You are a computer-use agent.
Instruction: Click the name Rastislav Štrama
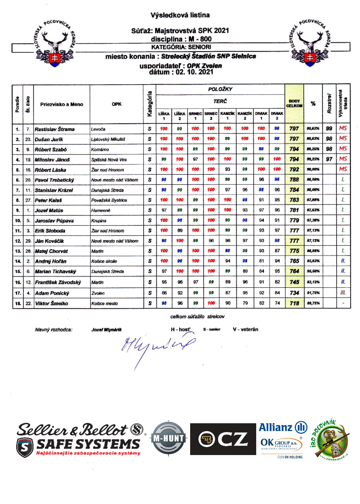[55, 129]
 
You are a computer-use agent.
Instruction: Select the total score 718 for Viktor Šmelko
[294, 303]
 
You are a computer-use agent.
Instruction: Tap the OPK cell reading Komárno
[100, 150]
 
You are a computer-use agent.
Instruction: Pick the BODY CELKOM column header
[294, 103]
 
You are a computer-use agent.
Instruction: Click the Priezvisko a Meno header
[62, 105]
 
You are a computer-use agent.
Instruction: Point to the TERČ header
[220, 101]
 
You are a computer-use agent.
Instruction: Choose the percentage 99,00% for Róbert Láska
[313, 170]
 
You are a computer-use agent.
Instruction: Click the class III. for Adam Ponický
[343, 293]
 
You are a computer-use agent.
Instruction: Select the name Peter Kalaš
[48, 200]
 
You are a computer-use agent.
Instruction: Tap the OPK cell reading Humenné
[101, 210]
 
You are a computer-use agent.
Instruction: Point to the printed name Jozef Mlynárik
[107, 330]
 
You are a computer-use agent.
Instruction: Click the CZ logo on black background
[223, 439]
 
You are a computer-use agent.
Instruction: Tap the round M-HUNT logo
[168, 438]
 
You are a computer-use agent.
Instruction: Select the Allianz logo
[283, 427]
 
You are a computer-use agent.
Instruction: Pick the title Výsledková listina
[180, 15]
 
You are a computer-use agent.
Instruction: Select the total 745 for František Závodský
[294, 282]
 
